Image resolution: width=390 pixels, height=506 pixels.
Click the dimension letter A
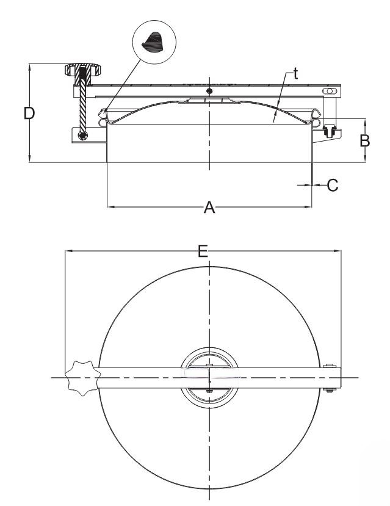point(209,207)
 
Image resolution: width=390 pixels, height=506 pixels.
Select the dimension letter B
point(365,141)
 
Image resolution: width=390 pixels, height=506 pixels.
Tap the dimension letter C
point(333,185)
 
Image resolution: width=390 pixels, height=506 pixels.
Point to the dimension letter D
point(29,113)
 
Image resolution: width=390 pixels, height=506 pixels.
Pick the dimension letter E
point(203,251)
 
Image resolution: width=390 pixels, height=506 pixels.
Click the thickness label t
point(295,74)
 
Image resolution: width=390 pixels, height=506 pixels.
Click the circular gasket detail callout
point(154,42)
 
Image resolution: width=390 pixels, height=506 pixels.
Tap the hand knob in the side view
point(83,70)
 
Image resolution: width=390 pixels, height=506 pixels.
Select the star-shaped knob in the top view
point(82,378)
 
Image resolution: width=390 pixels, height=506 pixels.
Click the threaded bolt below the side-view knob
point(82,103)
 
